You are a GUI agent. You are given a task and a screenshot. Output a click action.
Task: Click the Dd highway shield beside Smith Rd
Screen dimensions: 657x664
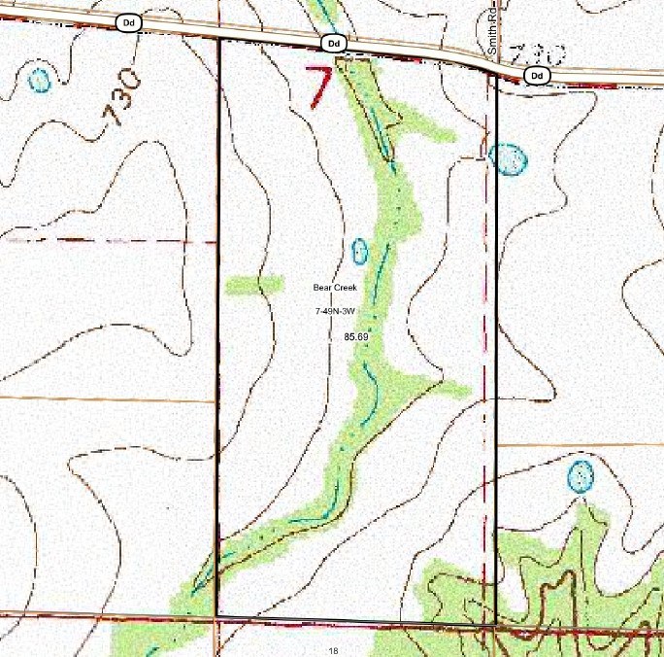tap(535, 75)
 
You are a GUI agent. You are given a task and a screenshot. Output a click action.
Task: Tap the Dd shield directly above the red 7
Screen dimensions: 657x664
tap(333, 44)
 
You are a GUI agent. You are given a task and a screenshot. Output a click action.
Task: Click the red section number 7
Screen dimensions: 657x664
tap(319, 86)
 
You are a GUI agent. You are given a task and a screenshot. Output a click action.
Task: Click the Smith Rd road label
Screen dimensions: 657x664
tap(493, 38)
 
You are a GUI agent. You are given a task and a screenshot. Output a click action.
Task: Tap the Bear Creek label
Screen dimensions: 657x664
tap(335, 288)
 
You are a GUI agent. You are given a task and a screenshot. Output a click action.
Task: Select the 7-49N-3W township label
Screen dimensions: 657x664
tap(337, 311)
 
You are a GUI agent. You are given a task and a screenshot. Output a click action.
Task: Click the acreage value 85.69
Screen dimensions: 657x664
tap(356, 336)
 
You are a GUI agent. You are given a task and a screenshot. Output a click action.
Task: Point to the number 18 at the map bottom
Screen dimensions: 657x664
tap(333, 650)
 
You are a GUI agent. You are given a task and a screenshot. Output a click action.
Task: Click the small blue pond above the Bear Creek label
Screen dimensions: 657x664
tap(359, 252)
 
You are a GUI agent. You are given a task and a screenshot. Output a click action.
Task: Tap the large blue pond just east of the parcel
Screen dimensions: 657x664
tap(509, 158)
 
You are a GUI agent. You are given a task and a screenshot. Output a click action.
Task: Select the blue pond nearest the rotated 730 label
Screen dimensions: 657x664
tap(39, 80)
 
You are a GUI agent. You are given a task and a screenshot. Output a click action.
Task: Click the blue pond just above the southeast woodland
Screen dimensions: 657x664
tap(580, 476)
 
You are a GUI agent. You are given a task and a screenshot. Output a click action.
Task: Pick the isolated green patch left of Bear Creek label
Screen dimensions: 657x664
tap(254, 285)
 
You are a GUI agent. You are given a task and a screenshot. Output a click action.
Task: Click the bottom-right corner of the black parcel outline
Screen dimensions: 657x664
tap(496, 622)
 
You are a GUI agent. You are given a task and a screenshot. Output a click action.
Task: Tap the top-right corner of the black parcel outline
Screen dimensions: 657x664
tap(496, 76)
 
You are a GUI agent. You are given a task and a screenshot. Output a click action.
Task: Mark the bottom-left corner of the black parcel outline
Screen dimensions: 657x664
tap(216, 617)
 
